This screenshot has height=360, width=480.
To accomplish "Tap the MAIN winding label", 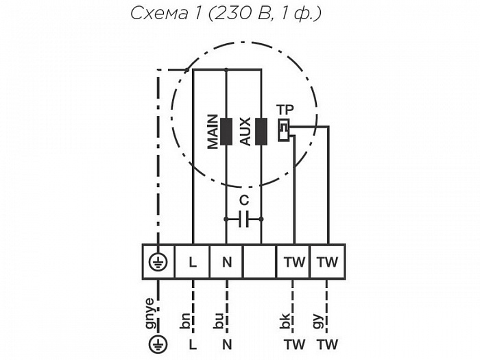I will coord(213,131).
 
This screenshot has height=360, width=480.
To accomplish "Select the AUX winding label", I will coord(245,131).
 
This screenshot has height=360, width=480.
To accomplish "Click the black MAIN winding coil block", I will coord(226,131).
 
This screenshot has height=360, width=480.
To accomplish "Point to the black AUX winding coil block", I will coord(261,131).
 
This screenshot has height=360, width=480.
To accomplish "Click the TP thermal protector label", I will coord(285,110).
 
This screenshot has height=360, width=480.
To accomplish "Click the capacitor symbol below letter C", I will coord(244,219).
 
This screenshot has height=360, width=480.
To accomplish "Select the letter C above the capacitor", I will coord(244,200).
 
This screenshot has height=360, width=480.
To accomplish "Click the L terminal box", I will coord(193,261).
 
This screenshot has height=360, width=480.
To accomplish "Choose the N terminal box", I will coord(227,261).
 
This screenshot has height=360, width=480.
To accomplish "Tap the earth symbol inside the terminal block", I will coord(158,261).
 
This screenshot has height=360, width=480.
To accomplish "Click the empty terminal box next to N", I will coord(261,261).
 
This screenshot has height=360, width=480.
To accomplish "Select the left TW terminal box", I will coord(293,261).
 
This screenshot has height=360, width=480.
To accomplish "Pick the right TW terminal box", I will coord(328,261).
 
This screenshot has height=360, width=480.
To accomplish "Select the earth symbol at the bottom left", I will coord(158,344).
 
